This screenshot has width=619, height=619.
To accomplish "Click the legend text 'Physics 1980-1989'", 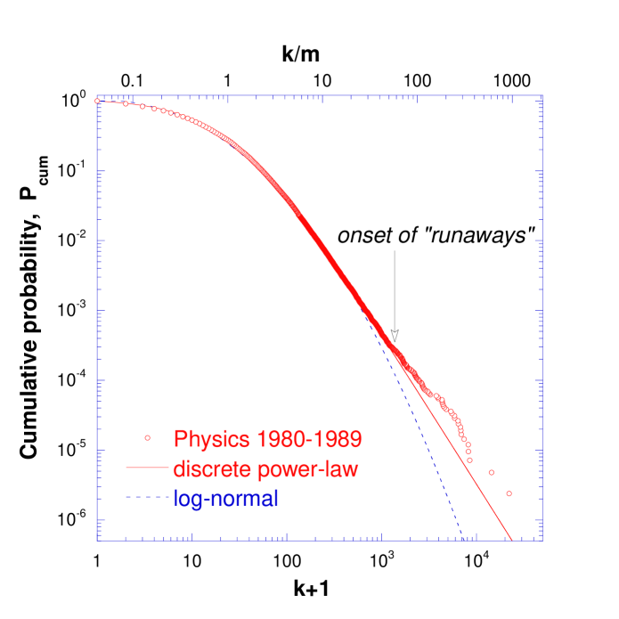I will pos(266,439).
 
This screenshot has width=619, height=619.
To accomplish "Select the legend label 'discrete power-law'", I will pos(265,468).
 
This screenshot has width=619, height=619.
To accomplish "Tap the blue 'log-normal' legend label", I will pos(225,499).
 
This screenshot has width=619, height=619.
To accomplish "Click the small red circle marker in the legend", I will pos(148,438).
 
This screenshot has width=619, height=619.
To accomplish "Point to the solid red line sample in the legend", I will pos(147,468).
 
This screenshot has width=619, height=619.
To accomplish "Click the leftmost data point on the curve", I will pos(97,101).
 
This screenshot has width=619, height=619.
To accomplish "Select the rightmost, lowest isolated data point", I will pos(509,493).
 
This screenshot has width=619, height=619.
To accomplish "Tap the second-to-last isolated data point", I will pos(491,472).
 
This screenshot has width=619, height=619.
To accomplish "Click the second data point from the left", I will pos(126,104).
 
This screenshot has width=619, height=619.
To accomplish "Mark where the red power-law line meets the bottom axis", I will pos(511,539).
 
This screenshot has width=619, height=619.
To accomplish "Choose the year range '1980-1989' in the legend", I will pos(308,439).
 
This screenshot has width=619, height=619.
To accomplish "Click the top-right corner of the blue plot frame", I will pos(542,94).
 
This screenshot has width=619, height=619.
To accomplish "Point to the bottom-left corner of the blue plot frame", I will pos(97,539).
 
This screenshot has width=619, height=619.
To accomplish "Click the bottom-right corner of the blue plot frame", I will pos(542,539).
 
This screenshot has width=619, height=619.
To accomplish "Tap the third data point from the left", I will pos(143,107).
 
